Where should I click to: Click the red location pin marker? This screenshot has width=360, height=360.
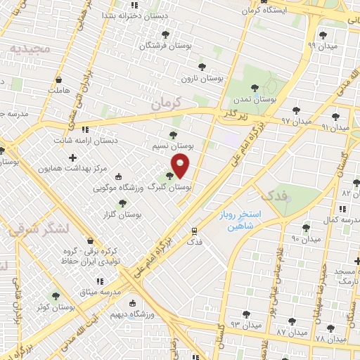181,166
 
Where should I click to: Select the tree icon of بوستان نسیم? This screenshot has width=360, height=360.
174,135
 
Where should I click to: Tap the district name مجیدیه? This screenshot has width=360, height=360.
27,49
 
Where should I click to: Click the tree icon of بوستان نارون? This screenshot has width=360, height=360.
202,68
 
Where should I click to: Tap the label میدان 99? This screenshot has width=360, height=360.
324,46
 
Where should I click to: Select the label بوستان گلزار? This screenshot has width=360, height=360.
118,214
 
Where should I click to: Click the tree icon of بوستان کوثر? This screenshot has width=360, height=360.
56,296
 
